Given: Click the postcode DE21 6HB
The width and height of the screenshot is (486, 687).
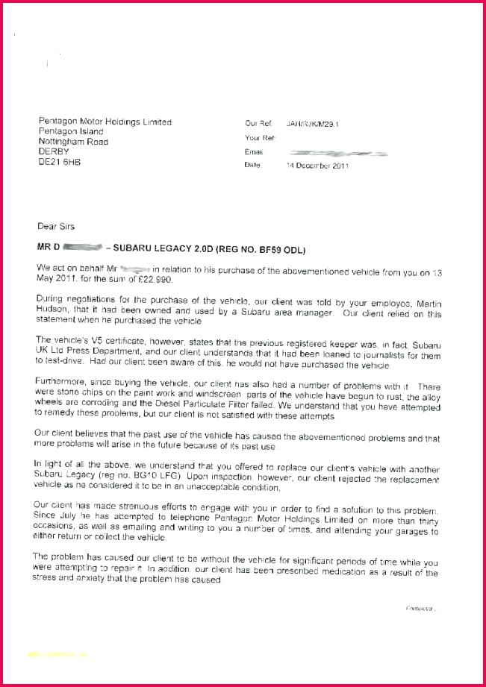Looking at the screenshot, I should [57, 161].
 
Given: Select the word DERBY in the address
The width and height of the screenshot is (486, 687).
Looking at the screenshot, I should [53, 151].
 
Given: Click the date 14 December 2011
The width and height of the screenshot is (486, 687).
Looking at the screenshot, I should [317, 166].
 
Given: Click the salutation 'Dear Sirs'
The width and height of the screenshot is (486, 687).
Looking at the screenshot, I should [56, 226].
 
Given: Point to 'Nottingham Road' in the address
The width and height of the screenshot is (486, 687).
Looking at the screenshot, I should [73, 142].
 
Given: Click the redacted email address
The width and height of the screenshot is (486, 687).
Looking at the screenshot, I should [337, 152].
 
